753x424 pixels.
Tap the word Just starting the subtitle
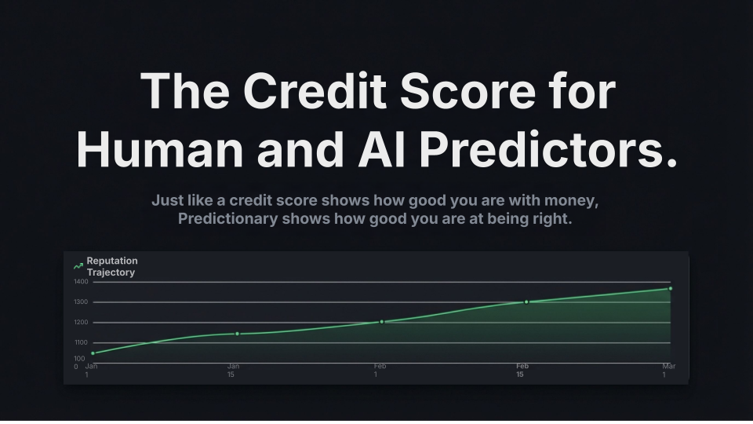pos(168,200)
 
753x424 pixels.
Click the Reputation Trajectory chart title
pos(111,266)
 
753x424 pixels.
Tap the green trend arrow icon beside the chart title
pos(78,266)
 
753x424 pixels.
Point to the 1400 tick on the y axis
pos(81,281)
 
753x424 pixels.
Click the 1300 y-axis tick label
pos(81,302)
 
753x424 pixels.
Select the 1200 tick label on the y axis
pos(81,322)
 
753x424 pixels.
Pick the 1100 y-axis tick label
pos(81,342)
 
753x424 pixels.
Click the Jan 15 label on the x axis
pos(233,370)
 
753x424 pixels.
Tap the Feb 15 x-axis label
pos(522,370)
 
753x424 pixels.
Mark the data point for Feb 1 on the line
pos(382,322)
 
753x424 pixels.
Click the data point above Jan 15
pos(237,334)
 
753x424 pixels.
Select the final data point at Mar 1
pos(670,289)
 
